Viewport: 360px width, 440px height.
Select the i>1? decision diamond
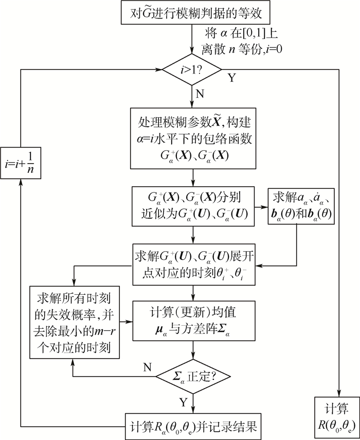pos(192,69)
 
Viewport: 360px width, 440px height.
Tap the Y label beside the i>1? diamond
pos(232,78)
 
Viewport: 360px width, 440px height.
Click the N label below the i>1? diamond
pos(199,94)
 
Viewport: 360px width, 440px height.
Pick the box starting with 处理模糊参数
pos(192,138)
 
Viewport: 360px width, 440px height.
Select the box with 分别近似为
pos(192,206)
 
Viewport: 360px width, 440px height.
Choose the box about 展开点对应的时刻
pos(192,264)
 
